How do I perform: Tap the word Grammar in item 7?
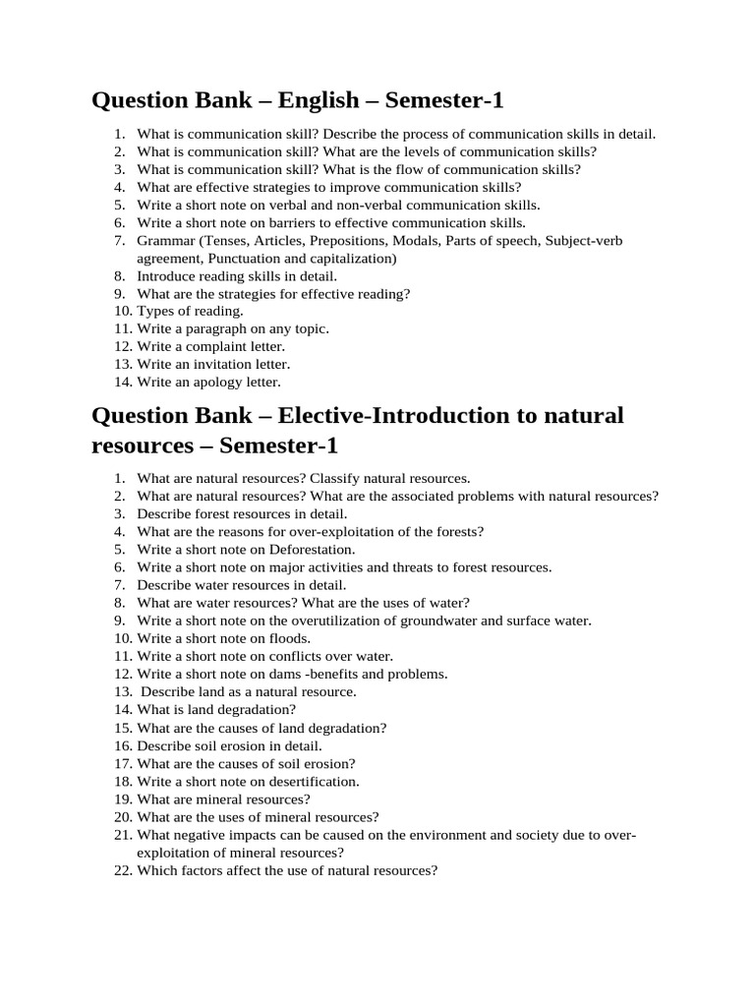[x=167, y=241]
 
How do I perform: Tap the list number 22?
[x=122, y=870]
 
